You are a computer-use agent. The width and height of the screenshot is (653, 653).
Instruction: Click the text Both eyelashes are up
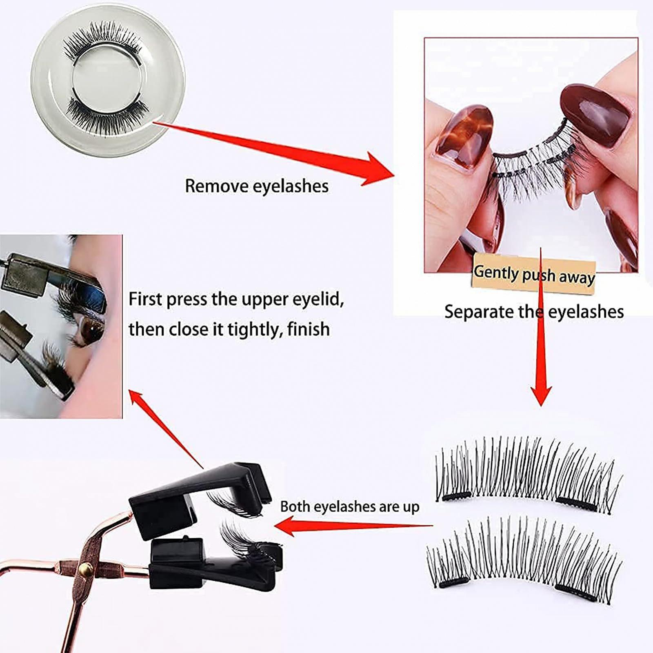pos(350,506)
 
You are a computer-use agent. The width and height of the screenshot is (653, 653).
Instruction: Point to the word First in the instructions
pos(145,299)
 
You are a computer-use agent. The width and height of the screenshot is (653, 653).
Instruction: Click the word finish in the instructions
pos(309,329)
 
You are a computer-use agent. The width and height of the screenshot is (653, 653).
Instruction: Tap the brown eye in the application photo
pos(91,329)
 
